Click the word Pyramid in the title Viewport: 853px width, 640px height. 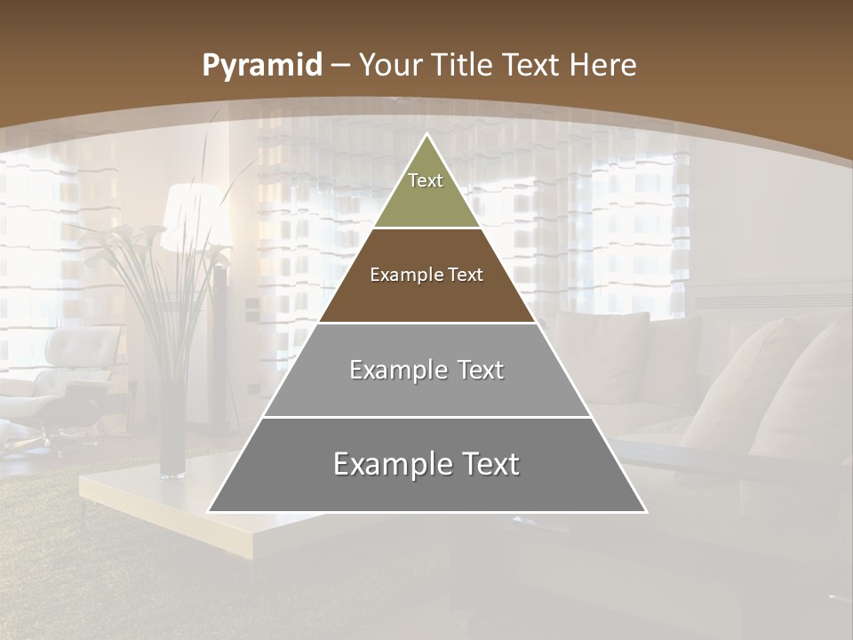pyautogui.click(x=261, y=66)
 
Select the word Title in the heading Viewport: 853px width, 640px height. pyautogui.click(x=463, y=65)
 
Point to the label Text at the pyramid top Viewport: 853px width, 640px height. pyautogui.click(x=426, y=180)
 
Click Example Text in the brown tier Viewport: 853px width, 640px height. pyautogui.click(x=426, y=275)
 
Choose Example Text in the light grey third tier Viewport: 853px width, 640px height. pyautogui.click(x=426, y=370)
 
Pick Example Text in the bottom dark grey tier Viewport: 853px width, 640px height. pyautogui.click(x=426, y=464)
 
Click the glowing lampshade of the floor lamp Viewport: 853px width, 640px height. pyautogui.click(x=191, y=213)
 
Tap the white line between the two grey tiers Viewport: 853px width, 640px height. pyautogui.click(x=426, y=417)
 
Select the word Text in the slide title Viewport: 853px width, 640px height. pyautogui.click(x=532, y=65)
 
